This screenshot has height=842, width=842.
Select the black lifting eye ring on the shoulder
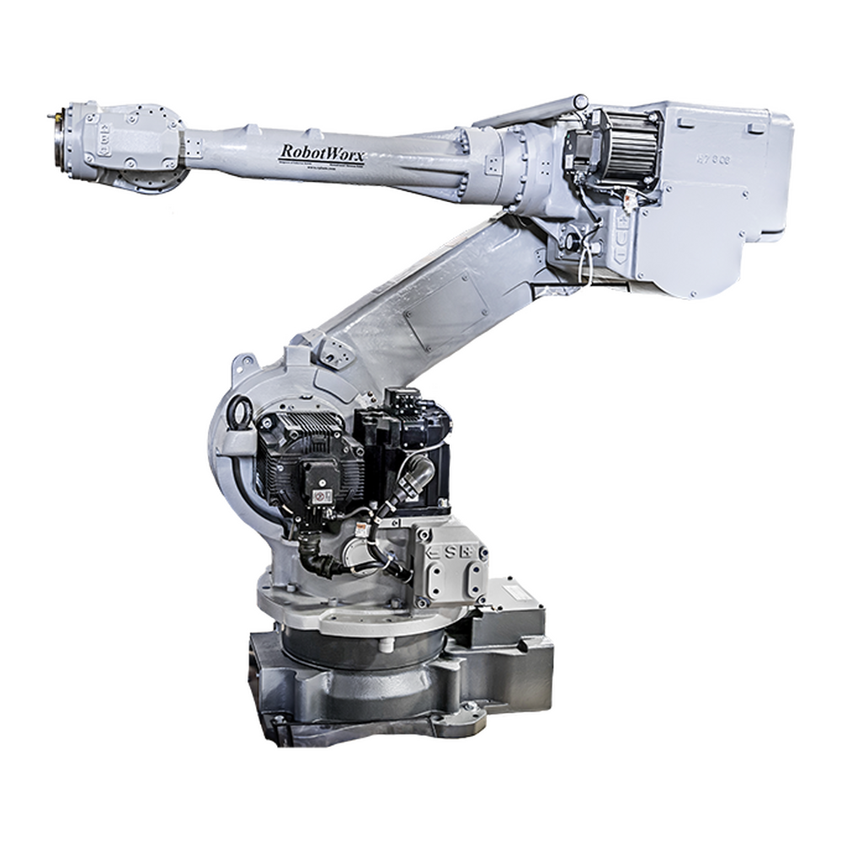point(237,417)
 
